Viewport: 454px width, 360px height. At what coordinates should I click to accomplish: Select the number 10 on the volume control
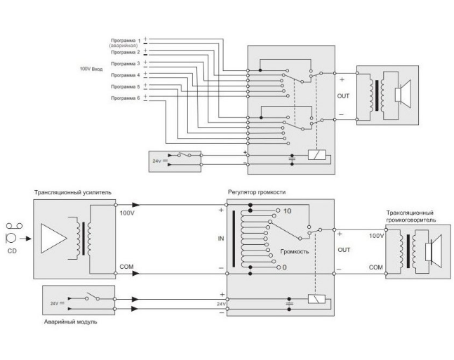tap(288, 211)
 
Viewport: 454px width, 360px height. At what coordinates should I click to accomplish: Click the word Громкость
tap(295, 250)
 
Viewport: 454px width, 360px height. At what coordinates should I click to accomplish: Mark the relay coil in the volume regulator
tap(315, 298)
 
